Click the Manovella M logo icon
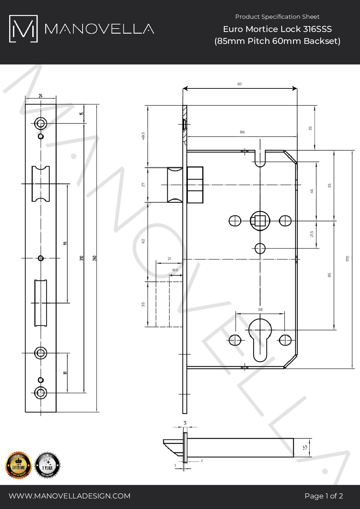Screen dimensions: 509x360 click(x=23, y=29)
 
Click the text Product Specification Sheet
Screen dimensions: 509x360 click(x=277, y=17)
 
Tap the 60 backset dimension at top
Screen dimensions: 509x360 click(x=239, y=84)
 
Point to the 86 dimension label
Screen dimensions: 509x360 click(x=242, y=132)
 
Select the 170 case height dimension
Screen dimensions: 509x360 click(x=347, y=258)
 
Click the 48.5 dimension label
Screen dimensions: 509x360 click(x=143, y=136)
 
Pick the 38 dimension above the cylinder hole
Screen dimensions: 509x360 click(x=260, y=310)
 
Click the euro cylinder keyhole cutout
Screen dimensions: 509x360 click(x=260, y=340)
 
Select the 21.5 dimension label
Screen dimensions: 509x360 click(x=312, y=234)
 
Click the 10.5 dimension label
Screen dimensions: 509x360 click(x=175, y=270)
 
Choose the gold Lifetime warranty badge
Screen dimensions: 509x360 click(x=19, y=465)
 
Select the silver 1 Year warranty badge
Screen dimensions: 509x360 click(x=48, y=465)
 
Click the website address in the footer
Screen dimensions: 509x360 click(x=69, y=496)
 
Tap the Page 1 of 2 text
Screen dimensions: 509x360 click(x=324, y=496)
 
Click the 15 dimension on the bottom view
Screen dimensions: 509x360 click(x=305, y=447)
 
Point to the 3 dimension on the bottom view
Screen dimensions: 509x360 click(x=185, y=423)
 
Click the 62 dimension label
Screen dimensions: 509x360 click(x=143, y=241)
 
